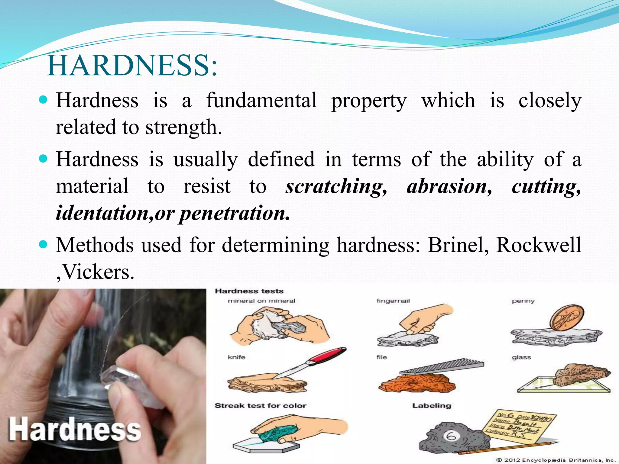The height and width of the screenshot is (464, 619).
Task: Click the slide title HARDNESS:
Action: pyautogui.click(x=132, y=66)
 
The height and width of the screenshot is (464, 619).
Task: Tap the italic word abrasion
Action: pyautogui.click(x=449, y=186)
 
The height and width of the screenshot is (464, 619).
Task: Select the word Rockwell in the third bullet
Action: pyautogui.click(x=538, y=245)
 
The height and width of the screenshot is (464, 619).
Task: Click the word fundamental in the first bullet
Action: pyautogui.click(x=261, y=100)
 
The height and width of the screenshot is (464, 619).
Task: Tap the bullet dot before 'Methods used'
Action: pyautogui.click(x=44, y=244)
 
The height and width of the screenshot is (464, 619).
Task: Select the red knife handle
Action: pyautogui.click(x=329, y=354)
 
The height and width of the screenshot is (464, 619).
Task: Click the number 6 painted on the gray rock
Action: pyautogui.click(x=451, y=436)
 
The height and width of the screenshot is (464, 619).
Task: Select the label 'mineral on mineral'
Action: pyautogui.click(x=261, y=301)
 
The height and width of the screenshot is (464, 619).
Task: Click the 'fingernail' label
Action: pyautogui.click(x=393, y=301)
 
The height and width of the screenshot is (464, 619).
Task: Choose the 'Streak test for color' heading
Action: pyautogui.click(x=261, y=406)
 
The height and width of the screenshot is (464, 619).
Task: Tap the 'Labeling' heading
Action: pyautogui.click(x=432, y=406)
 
